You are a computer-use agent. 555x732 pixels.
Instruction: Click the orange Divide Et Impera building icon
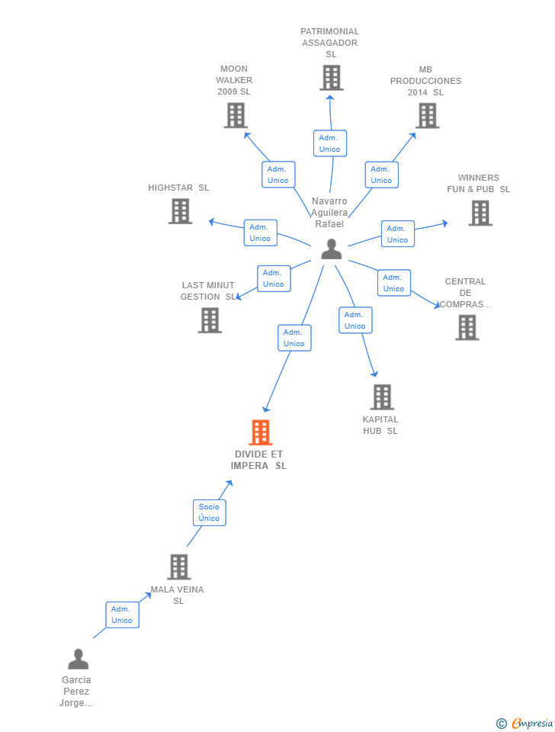(x=261, y=432)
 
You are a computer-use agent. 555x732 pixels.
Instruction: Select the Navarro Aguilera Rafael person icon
(x=331, y=249)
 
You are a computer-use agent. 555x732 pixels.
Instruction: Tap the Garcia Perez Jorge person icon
(x=78, y=659)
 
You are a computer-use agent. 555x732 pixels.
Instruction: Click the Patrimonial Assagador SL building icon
(x=331, y=78)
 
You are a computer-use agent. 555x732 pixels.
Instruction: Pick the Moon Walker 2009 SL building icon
(x=236, y=115)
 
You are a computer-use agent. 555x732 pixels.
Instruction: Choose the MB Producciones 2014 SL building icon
(x=427, y=115)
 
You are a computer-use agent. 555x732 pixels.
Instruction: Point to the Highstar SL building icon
(x=180, y=211)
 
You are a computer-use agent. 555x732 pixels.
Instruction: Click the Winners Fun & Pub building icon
(x=480, y=213)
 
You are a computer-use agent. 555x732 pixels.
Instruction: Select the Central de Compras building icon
(x=467, y=327)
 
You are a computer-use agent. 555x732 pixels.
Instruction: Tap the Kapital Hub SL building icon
(x=382, y=396)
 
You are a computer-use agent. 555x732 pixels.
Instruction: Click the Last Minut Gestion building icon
(x=210, y=320)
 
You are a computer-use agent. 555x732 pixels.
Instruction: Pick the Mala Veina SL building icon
(x=179, y=567)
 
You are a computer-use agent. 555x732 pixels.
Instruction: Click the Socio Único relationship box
(x=209, y=512)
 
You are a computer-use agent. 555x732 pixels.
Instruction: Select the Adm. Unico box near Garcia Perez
(x=122, y=615)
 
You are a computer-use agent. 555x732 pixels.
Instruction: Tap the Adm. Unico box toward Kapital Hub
(x=354, y=320)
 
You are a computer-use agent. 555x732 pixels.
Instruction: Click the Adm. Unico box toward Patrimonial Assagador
(x=329, y=143)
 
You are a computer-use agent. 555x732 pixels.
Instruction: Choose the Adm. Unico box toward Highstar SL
(x=260, y=233)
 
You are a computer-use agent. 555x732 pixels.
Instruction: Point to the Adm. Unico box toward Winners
(x=397, y=234)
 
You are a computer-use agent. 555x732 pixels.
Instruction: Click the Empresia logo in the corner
(x=525, y=723)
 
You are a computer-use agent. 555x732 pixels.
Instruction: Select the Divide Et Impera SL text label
(x=258, y=460)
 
